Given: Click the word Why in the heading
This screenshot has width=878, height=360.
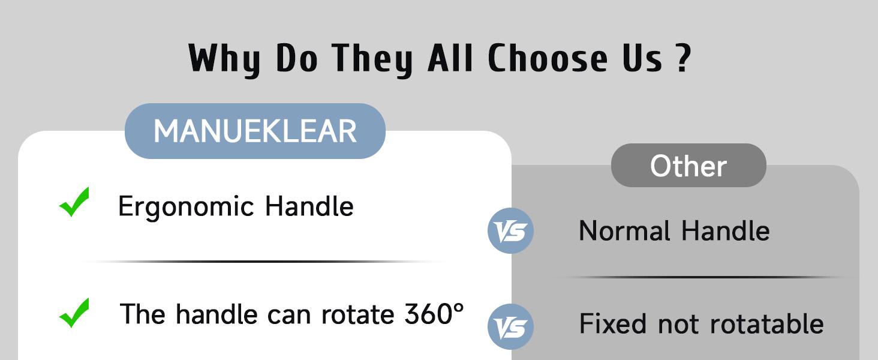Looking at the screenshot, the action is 224,59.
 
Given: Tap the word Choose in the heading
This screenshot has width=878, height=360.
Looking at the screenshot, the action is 548,58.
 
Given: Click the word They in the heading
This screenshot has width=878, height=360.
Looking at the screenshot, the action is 372,59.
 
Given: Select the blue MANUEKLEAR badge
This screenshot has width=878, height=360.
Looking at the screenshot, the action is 255,131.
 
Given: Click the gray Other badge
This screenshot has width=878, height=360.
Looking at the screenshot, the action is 688,166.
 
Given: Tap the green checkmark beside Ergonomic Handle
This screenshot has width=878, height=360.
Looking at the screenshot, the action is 74,202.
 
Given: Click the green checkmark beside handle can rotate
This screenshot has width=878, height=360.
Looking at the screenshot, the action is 74,313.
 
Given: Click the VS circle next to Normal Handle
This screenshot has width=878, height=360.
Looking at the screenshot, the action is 510,230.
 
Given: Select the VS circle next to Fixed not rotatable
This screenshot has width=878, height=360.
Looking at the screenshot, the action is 510,326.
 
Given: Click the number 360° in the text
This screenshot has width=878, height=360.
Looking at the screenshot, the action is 434,313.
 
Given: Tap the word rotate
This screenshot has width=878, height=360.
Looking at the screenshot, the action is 357,314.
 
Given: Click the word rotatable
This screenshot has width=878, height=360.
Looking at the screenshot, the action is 766,323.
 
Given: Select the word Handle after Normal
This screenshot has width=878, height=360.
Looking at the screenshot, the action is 726,230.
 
